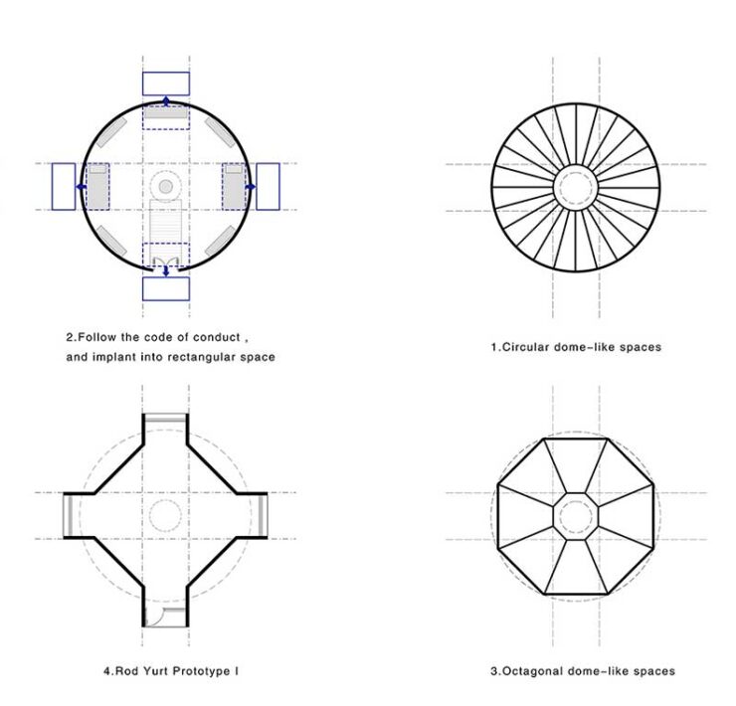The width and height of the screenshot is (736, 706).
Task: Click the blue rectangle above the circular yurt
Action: (166, 84)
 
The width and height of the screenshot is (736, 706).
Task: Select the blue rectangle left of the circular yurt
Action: (64, 186)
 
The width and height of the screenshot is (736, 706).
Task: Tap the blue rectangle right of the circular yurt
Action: (268, 186)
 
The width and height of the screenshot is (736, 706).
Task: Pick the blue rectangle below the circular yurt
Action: (166, 288)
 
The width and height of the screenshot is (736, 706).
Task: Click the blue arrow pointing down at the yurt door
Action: (166, 270)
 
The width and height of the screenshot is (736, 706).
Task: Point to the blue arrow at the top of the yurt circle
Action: (166, 100)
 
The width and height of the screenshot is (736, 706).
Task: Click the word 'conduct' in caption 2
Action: (217, 337)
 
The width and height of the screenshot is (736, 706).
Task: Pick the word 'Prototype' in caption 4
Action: (204, 671)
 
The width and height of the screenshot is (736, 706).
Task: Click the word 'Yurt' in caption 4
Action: (158, 671)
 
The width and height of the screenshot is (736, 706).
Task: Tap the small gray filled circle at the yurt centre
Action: (166, 186)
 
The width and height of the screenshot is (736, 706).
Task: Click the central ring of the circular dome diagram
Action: (576, 187)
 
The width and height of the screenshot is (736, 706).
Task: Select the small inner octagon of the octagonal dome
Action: (576, 516)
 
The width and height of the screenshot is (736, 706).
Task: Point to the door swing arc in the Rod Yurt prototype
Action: (154, 617)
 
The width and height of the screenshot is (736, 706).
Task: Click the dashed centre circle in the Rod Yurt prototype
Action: (165, 515)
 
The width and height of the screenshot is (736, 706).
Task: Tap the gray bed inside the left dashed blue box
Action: (98, 186)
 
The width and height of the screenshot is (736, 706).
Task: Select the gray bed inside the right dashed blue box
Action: (234, 186)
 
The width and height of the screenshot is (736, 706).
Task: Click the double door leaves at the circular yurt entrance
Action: (166, 262)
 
